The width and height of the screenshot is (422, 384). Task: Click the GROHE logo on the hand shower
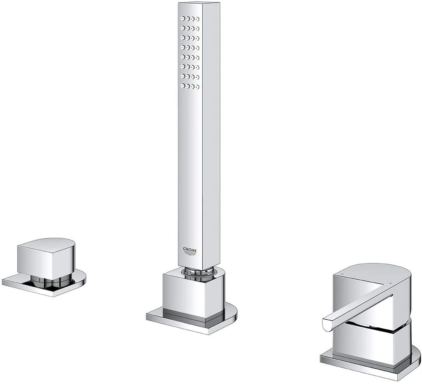click(x=190, y=251)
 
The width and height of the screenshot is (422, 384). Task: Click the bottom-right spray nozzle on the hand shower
click(x=197, y=87)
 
